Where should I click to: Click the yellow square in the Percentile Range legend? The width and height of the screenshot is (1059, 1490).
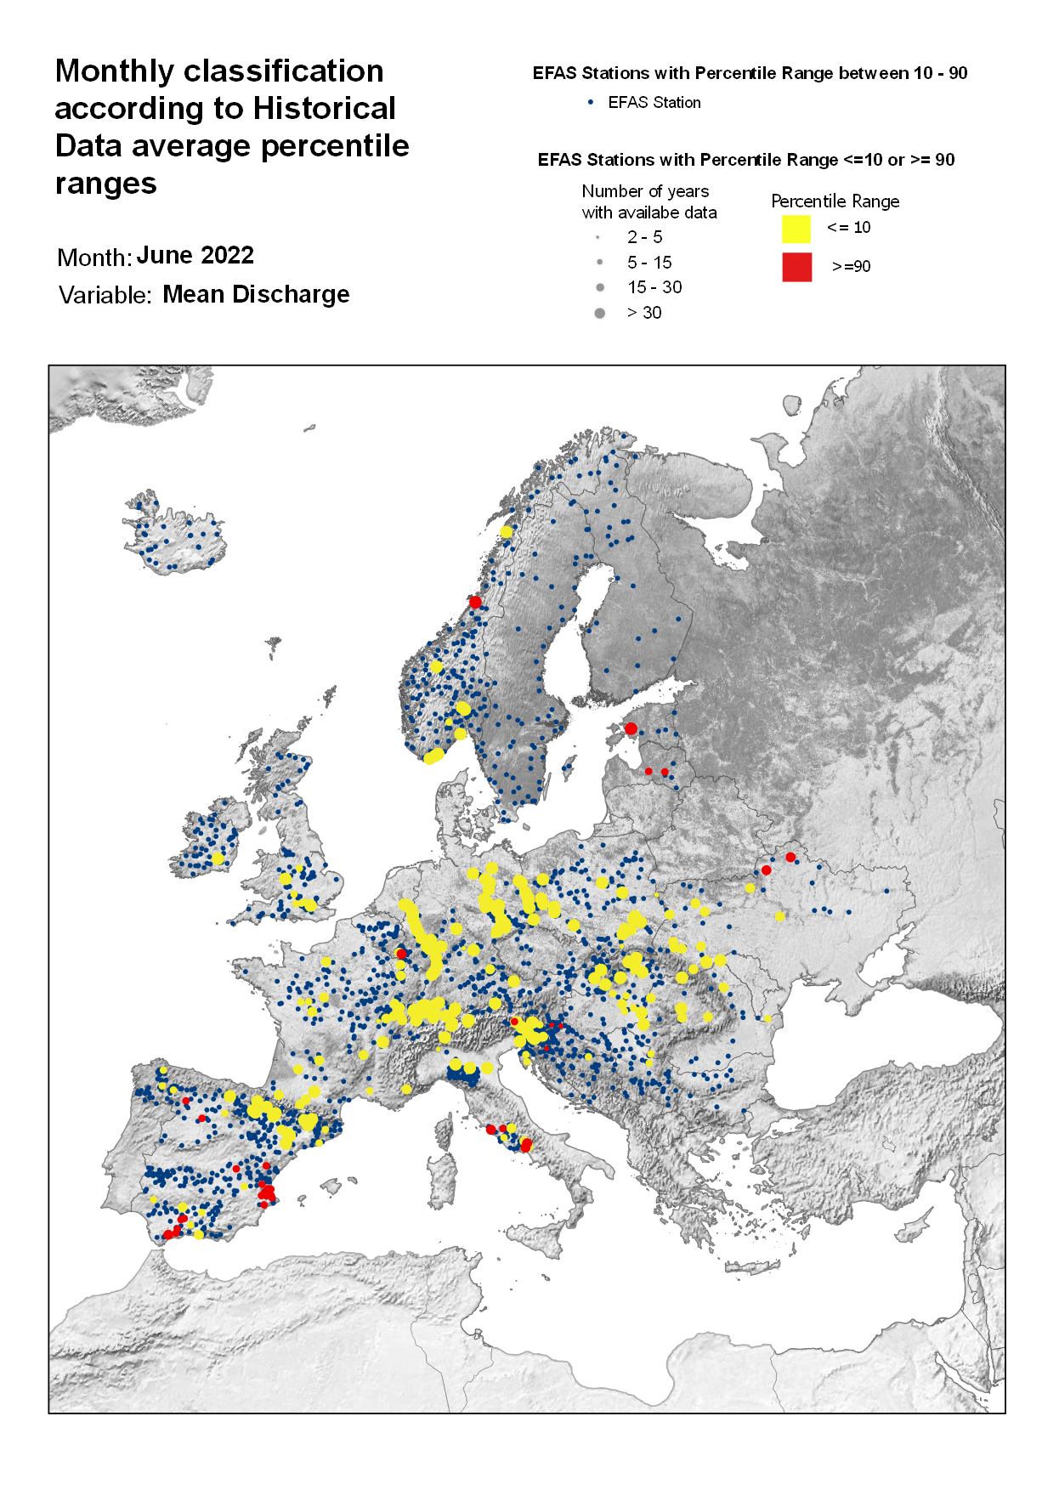click(x=796, y=229)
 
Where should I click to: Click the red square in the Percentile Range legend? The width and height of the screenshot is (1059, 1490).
click(x=796, y=267)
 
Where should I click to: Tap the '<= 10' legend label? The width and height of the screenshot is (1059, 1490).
click(x=848, y=227)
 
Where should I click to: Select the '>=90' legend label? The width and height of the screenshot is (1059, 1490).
click(x=851, y=267)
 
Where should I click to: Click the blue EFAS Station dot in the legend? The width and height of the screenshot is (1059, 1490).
click(x=591, y=102)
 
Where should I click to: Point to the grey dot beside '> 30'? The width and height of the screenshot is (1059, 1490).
click(x=599, y=313)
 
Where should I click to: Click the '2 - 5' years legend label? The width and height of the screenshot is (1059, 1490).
click(x=644, y=237)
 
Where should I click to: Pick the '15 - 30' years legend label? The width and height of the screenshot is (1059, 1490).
click(x=654, y=287)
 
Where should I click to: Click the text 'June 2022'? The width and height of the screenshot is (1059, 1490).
click(x=195, y=255)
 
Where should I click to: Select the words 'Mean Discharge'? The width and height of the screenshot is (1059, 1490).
click(x=256, y=294)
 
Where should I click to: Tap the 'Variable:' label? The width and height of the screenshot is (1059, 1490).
click(x=105, y=295)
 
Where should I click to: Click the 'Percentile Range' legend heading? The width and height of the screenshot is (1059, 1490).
click(x=835, y=201)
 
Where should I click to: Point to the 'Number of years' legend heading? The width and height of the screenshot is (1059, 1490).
click(x=645, y=191)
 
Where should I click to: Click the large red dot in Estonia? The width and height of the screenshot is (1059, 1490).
click(x=631, y=728)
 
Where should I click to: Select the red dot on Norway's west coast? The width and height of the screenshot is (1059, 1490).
click(x=475, y=602)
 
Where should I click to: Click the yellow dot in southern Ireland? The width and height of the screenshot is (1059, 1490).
click(x=218, y=859)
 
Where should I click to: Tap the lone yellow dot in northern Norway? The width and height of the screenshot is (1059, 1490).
click(x=507, y=532)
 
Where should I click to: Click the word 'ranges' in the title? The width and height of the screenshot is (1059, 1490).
click(x=105, y=184)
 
